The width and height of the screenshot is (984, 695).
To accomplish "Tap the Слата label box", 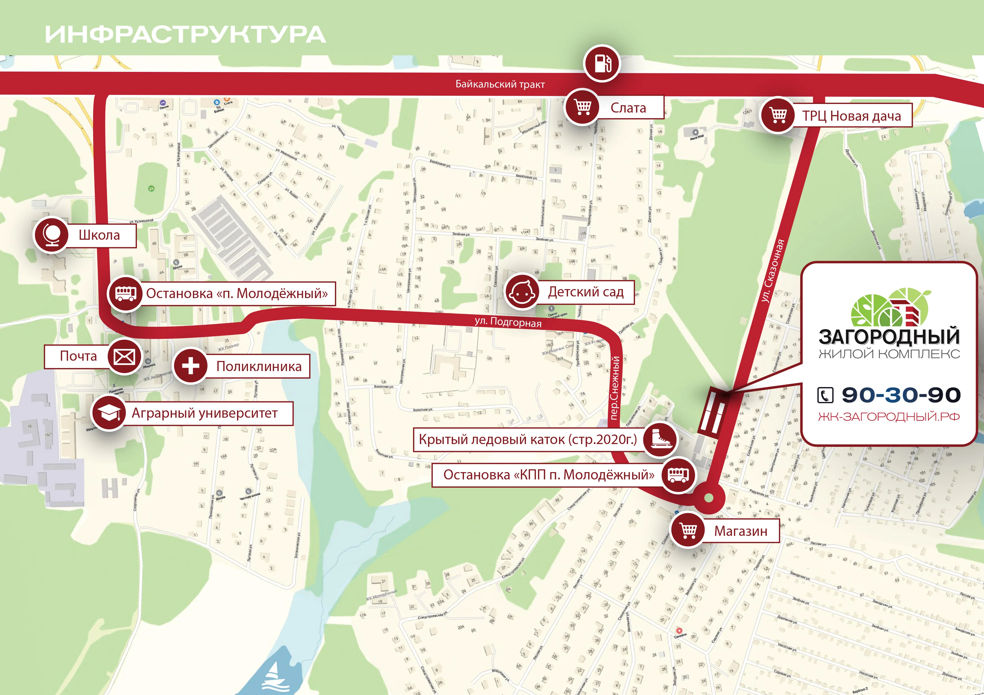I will tap(628, 108).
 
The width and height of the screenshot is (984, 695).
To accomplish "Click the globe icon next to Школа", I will tap(51, 235).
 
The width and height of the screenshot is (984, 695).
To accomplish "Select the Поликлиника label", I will tap(259, 366).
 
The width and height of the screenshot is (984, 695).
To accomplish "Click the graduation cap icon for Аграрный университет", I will tap(109, 413).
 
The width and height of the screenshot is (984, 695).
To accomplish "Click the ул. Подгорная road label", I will tap(508, 322).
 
